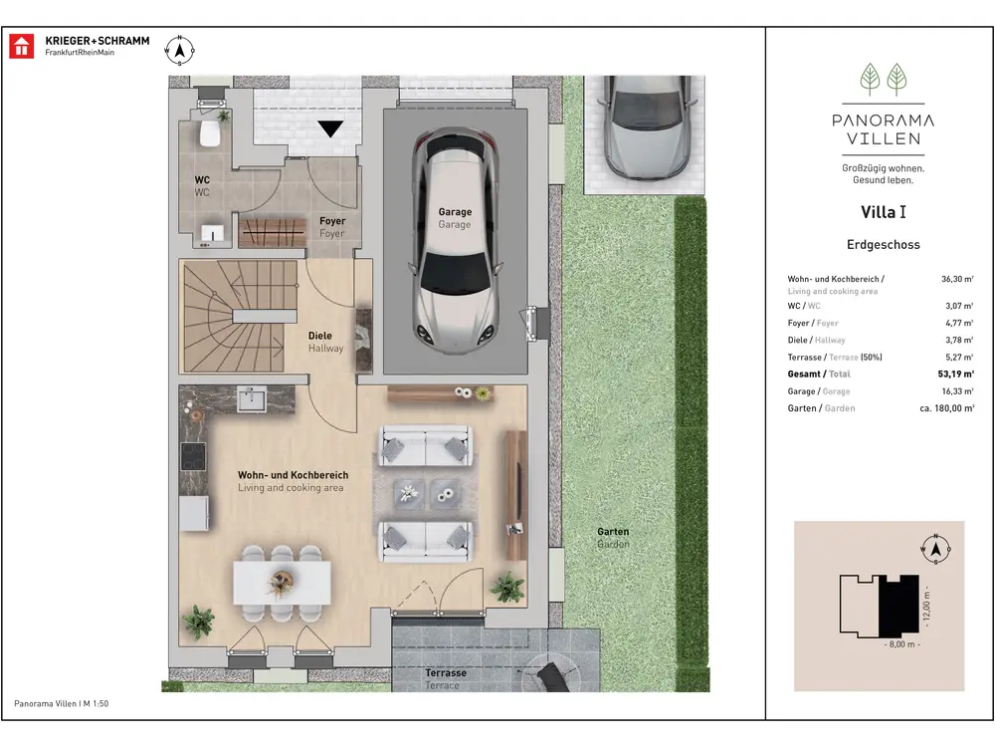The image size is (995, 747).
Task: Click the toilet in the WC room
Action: point(209,130)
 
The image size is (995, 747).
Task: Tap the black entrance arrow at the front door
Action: point(330,128)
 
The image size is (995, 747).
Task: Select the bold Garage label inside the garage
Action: point(455,211)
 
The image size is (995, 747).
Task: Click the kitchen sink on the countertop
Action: point(252,399)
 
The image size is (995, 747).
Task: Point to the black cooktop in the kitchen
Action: point(193,455)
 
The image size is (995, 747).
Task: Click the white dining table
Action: point(282,582)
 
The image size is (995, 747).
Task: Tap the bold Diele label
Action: point(319,336)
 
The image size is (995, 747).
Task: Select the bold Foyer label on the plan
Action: point(332,221)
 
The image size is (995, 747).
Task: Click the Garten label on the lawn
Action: point(613,532)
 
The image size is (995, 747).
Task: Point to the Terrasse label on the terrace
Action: point(446,672)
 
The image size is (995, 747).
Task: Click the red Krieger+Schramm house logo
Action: point(22,47)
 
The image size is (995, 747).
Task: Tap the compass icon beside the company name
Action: point(179,50)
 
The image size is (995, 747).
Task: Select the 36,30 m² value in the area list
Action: point(957,279)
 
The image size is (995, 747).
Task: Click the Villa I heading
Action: point(884,212)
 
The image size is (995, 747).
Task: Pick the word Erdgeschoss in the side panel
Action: point(884,245)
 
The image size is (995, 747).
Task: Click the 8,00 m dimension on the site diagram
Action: point(901,644)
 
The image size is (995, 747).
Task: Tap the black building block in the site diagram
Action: point(899,605)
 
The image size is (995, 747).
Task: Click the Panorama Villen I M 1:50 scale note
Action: point(62,704)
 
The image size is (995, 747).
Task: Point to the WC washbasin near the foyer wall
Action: point(213,234)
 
